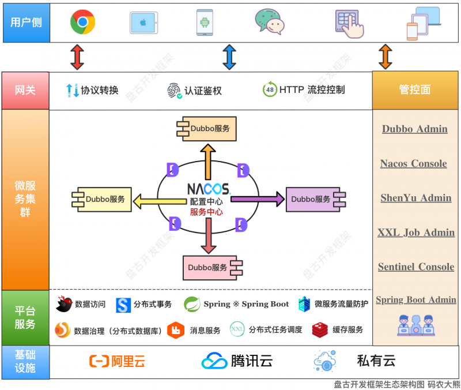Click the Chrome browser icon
coord(82,22)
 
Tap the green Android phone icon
coord(204,22)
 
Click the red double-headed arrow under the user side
coord(77,57)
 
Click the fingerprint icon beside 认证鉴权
coord(175,91)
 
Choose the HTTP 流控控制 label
coord(312,90)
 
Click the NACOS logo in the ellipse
coord(207,189)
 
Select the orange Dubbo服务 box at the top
coord(207,129)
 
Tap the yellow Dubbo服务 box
coord(101,199)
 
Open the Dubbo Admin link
coord(414,129)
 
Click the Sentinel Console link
coord(415,267)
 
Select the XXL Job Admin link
coord(415,233)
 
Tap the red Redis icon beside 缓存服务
coord(320,330)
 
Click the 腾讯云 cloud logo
coord(214,361)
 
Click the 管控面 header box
coord(414,90)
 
